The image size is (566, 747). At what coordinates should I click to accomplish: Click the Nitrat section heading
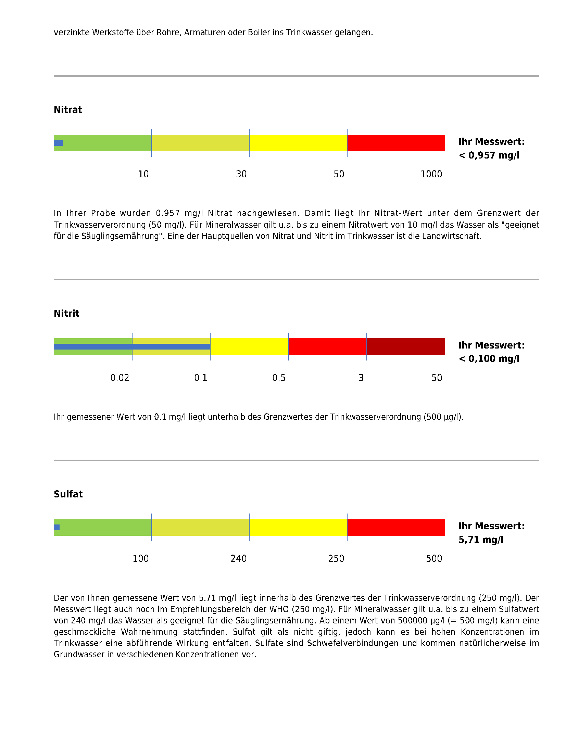click(x=68, y=110)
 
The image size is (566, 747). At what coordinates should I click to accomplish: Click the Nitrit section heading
click(x=66, y=314)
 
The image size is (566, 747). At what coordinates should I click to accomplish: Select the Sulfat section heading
click(x=68, y=494)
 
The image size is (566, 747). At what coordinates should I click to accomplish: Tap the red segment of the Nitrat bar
click(x=396, y=143)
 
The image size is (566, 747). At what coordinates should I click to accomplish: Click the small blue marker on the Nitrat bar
click(x=59, y=143)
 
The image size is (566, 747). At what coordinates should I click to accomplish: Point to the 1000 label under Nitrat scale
click(x=431, y=174)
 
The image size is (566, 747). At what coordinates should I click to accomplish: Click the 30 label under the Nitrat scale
click(x=241, y=174)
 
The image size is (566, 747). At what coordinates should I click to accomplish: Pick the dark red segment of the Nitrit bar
click(x=406, y=346)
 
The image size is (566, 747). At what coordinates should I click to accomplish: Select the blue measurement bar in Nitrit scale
click(x=132, y=346)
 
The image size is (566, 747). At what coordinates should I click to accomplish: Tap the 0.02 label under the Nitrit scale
click(x=120, y=378)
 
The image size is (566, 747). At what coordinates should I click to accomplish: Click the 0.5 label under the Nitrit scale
click(x=279, y=378)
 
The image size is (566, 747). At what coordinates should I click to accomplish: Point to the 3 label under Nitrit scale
click(x=361, y=378)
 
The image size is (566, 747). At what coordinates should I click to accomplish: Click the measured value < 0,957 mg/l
click(x=489, y=155)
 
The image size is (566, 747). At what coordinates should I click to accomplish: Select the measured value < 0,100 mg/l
click(x=489, y=359)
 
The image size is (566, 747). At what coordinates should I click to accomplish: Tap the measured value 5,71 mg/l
click(x=481, y=540)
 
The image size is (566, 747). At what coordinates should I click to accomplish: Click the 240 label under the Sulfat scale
click(x=238, y=559)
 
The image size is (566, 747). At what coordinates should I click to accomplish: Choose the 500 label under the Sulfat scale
click(x=434, y=559)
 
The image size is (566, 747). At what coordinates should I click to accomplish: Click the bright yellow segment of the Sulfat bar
click(x=298, y=528)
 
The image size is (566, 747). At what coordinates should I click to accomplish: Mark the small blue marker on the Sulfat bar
click(x=57, y=528)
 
